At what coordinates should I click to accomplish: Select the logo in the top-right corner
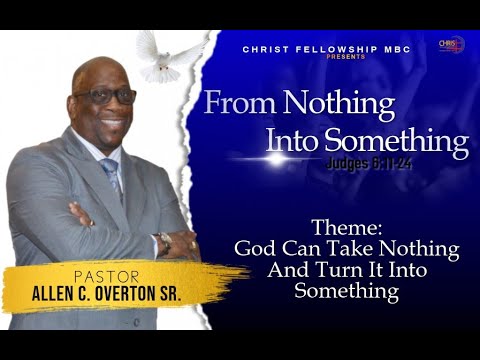[451, 44]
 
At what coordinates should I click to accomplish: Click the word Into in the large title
[289, 141]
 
